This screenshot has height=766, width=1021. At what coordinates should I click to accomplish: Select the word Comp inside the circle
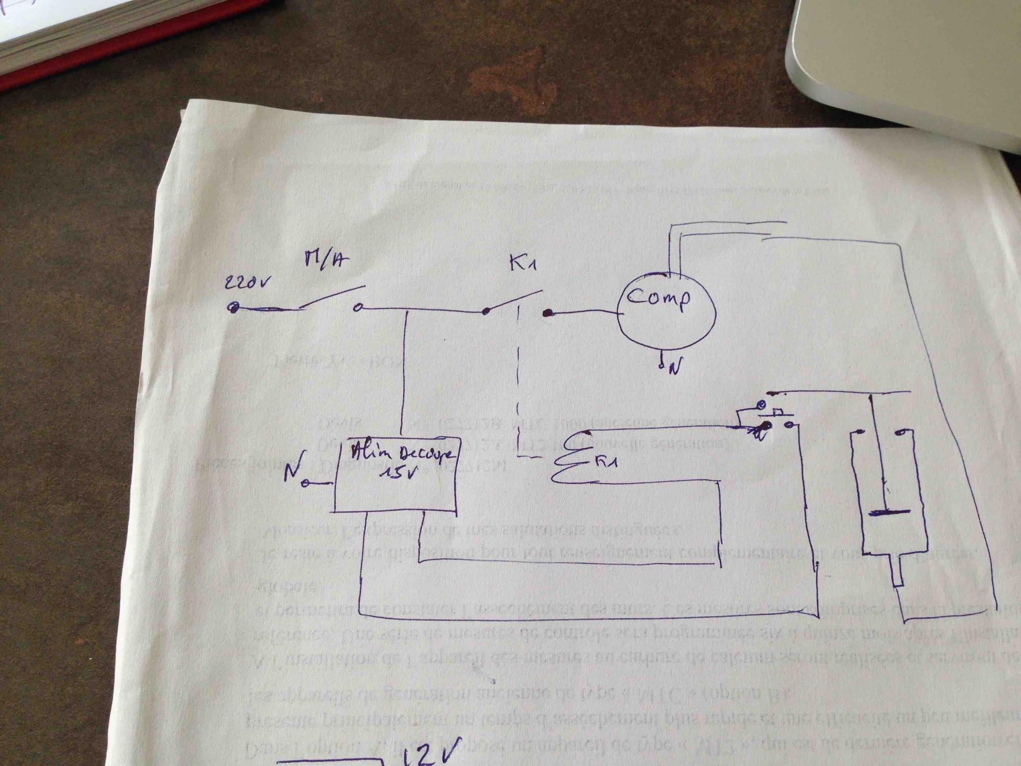pos(659,298)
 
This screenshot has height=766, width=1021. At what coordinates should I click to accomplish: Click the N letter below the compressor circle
pos(673,368)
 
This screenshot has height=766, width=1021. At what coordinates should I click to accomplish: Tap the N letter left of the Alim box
pos(291,474)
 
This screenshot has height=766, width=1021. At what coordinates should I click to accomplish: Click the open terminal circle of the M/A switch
pos(359,307)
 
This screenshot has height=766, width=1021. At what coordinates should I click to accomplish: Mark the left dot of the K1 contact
pos(486,310)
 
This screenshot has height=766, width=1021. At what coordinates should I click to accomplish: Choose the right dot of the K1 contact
pos(547,313)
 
